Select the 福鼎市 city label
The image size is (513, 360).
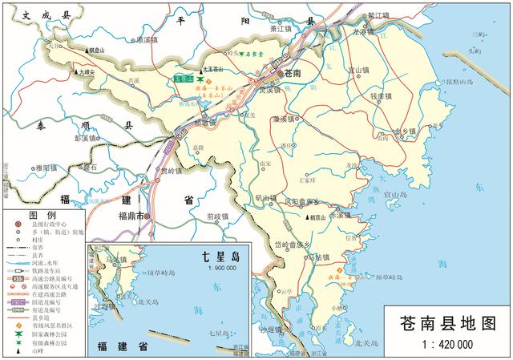pos(129,216)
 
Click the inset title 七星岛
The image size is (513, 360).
pos(220,257)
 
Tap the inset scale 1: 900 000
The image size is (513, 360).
pos(220,268)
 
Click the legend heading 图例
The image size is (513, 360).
pos(40,216)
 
